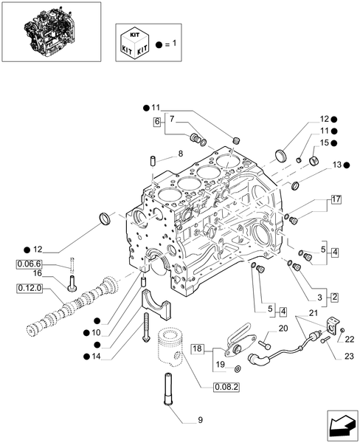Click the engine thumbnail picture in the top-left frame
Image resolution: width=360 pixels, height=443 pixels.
(50, 32)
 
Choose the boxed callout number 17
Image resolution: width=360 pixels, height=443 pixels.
(335, 199)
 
